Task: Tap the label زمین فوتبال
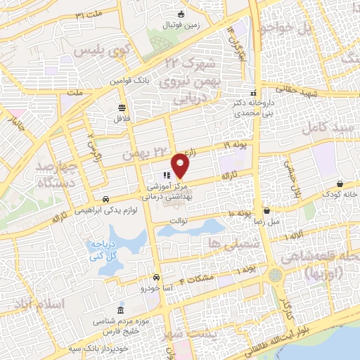[181, 25]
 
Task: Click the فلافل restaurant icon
[122, 108]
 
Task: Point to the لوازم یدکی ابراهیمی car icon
[105, 199]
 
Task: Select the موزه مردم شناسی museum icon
[122, 310]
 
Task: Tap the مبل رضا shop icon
[266, 210]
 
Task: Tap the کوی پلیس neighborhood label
[113, 51]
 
